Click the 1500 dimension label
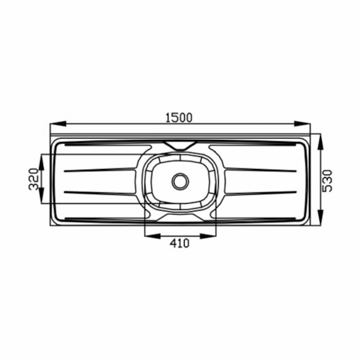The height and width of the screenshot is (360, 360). click(x=179, y=118)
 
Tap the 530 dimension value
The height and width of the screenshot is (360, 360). click(x=327, y=181)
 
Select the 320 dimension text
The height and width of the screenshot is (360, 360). click(x=33, y=179)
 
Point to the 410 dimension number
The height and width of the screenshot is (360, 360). click(x=179, y=243)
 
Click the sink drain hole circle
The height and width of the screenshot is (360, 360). click(x=181, y=181)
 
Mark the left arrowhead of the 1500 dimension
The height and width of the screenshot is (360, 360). click(x=58, y=124)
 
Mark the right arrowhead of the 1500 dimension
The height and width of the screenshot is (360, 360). click(x=302, y=124)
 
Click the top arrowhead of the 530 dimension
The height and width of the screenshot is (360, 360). click(x=321, y=142)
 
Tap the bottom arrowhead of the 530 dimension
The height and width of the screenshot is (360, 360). click(x=321, y=217)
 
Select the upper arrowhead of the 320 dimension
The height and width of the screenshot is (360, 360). click(x=41, y=162)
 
